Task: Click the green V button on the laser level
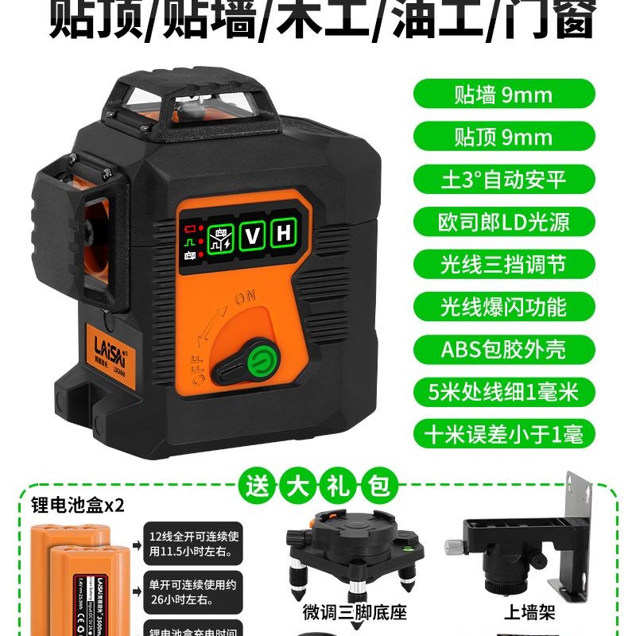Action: coord(252,235)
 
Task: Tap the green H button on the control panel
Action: coord(281,235)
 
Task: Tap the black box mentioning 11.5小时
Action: coord(184,541)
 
